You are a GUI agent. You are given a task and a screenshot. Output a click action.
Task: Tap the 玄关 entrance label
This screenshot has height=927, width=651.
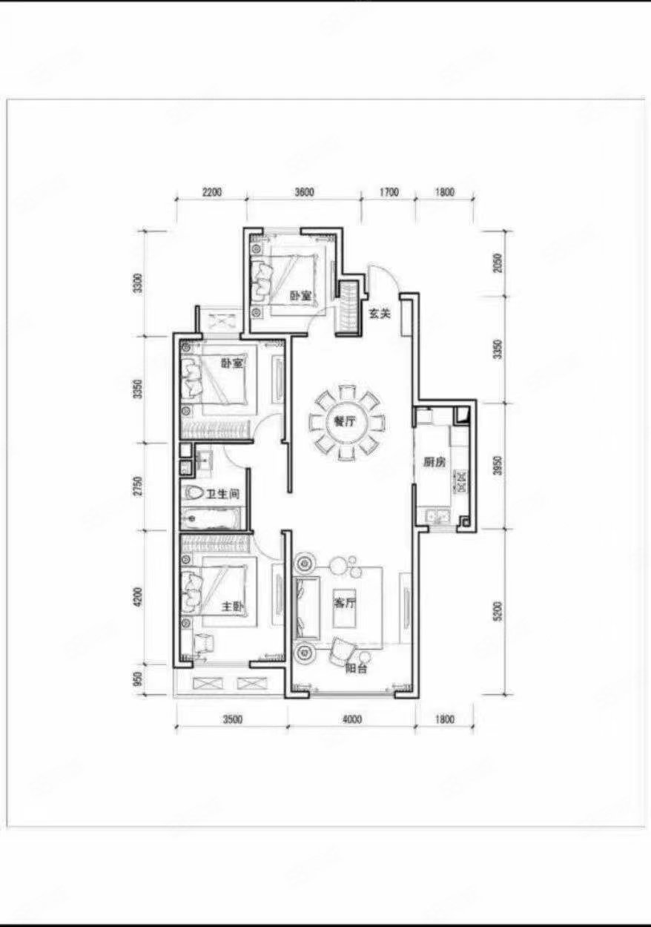point(380,313)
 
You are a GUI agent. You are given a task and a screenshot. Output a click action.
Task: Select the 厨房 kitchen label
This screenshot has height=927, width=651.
point(434,461)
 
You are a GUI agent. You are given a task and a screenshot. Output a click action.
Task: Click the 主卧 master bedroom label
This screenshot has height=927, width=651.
point(233,606)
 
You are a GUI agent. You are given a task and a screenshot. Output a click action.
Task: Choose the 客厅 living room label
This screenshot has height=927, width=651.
point(345,603)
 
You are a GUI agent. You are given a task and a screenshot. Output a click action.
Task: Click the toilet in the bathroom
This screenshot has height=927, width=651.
point(194,492)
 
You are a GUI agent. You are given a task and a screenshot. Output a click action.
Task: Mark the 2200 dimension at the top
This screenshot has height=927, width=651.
point(211,192)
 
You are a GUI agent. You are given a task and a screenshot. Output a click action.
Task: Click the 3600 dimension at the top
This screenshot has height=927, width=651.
point(304,192)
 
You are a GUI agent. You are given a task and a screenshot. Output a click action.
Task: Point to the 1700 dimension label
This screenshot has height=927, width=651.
point(388,192)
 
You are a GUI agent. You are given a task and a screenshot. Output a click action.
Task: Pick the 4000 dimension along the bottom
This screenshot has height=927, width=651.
point(351,718)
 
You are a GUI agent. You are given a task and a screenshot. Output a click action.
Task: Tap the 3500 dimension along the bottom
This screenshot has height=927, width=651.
point(231,718)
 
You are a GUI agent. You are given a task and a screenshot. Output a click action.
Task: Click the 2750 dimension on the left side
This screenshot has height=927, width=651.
point(136,487)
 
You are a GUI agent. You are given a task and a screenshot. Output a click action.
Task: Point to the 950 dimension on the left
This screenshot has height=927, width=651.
point(136,679)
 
